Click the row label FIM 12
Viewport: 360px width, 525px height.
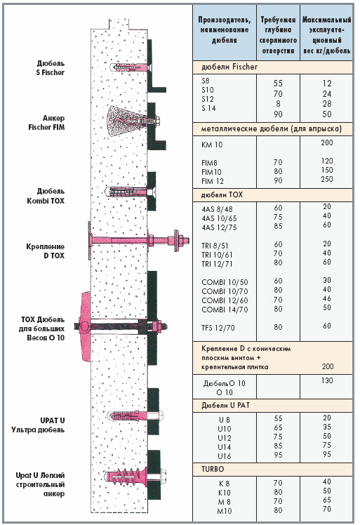pyautogui.click(x=213, y=181)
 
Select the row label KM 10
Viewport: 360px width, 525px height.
pyautogui.click(x=212, y=145)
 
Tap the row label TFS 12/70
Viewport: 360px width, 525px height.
pyautogui.click(x=218, y=328)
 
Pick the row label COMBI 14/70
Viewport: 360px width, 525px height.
pyautogui.click(x=225, y=310)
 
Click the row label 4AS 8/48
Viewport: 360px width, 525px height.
pyautogui.click(x=217, y=209)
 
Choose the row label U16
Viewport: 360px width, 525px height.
pyautogui.click(x=224, y=456)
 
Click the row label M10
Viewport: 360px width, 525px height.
pyautogui.click(x=224, y=511)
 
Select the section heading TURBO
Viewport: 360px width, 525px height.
pyautogui.click(x=213, y=469)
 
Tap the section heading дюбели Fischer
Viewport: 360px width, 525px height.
pyautogui.click(x=229, y=67)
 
